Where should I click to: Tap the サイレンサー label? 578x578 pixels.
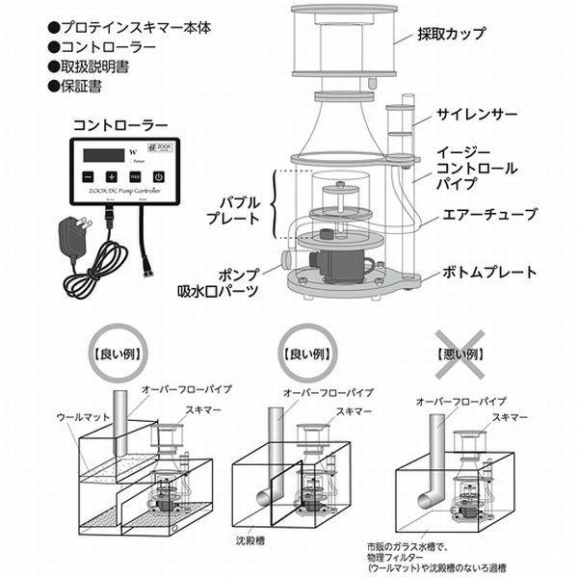click(x=469, y=113)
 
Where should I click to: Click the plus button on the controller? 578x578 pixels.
click(x=112, y=177)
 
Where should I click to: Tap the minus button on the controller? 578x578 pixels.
click(x=87, y=177)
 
